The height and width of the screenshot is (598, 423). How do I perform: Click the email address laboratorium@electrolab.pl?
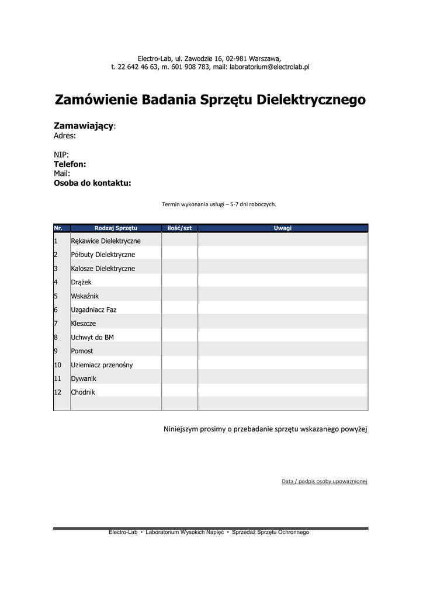pos(269,67)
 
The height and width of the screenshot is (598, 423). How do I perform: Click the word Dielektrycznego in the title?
pos(311,100)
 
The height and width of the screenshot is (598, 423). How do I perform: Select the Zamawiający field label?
pos(84,126)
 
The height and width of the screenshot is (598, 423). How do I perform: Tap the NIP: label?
pos(61,155)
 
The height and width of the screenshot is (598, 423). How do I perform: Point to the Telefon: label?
pos(70,164)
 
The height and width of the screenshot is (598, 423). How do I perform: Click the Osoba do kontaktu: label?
pos(92,183)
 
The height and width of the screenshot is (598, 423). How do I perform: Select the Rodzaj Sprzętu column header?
pos(116,228)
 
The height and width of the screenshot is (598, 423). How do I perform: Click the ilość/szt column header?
pos(179,228)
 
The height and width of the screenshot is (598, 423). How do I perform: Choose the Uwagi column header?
pos(283,228)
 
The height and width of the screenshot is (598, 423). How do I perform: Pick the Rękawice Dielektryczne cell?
pos(106,241)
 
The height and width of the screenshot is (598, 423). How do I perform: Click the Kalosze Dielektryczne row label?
pos(103,269)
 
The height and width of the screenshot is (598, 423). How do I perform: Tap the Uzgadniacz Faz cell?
pos(93,310)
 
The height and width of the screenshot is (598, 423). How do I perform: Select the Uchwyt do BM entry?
pos(92,338)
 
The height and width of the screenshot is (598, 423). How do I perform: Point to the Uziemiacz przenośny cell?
pos(102,365)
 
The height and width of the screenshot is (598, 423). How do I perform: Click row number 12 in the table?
pos(58,392)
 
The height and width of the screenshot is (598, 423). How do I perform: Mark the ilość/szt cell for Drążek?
pos(179,282)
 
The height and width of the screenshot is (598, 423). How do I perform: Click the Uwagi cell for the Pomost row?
pos(283,351)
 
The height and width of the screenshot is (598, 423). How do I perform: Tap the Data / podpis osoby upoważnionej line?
pos(324,481)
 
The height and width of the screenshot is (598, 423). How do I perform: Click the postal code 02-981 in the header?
pos(236,58)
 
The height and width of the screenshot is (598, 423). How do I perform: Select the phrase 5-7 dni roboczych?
pos(253,204)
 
